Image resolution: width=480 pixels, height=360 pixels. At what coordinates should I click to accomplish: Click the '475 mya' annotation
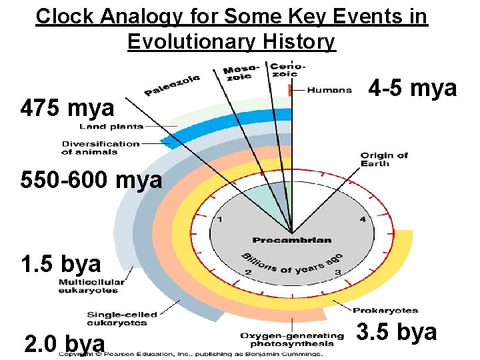pyautogui.click(x=67, y=107)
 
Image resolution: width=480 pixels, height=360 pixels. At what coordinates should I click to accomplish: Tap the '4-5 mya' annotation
pyautogui.click(x=413, y=87)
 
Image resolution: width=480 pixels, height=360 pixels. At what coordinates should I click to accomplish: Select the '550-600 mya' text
pyautogui.click(x=91, y=180)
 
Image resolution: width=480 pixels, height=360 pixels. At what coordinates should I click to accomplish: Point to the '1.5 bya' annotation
pyautogui.click(x=61, y=264)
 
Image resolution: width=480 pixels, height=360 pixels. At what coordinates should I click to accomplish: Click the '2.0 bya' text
pyautogui.click(x=64, y=343)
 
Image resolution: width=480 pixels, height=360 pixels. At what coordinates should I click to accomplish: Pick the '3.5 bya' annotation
pyautogui.click(x=397, y=331)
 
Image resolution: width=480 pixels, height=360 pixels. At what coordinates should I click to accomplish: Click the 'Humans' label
pyautogui.click(x=329, y=90)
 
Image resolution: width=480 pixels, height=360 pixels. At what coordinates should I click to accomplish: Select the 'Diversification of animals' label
pyautogui.click(x=101, y=147)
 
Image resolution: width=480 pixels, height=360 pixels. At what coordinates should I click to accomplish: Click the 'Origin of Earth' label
pyautogui.click(x=384, y=160)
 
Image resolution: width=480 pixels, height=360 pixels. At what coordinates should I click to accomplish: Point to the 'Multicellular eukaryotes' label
pyautogui.click(x=91, y=286)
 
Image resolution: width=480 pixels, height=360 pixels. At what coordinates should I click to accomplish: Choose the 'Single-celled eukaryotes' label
pyautogui.click(x=117, y=319)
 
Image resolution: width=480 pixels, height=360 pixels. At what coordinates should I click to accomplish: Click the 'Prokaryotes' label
pyautogui.click(x=385, y=310)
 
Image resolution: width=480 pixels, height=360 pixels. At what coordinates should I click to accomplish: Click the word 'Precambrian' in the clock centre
pyautogui.click(x=292, y=240)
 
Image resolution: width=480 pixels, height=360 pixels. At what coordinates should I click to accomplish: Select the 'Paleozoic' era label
pyautogui.click(x=172, y=85)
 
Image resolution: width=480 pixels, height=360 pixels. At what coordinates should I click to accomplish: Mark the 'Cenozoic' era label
pyautogui.click(x=280, y=69)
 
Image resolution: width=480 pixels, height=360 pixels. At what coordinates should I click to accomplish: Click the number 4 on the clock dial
pyautogui.click(x=363, y=219)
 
